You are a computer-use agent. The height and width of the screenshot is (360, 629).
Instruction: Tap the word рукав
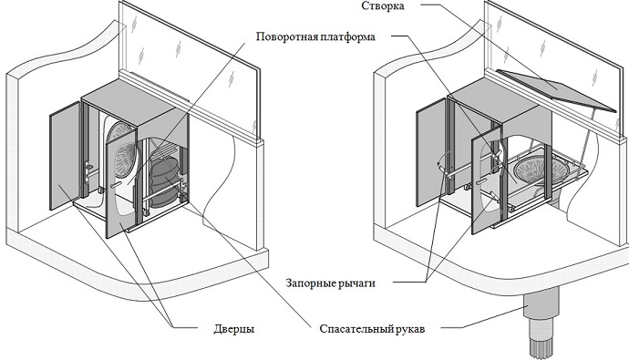(x=414, y=328)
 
